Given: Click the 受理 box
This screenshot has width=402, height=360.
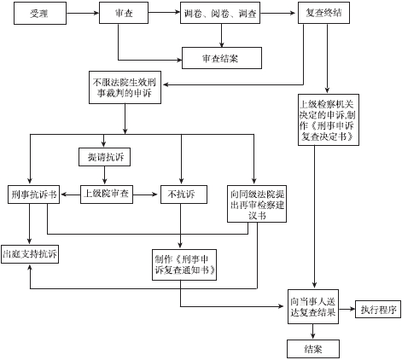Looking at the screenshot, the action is [40, 14].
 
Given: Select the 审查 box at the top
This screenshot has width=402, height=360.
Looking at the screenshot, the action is [124, 13].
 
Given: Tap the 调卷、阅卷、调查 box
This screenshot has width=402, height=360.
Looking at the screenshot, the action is [220, 13].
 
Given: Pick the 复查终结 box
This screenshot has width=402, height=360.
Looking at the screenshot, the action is [323, 13].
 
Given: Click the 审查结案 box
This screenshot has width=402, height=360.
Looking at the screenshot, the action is [222, 58].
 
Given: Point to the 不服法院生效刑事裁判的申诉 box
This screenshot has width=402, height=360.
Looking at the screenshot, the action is [125, 87].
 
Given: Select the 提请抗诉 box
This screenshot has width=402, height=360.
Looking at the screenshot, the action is [104, 157].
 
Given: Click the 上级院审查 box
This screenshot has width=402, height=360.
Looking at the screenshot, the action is [107, 195].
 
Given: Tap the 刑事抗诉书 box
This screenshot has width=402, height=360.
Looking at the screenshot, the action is [33, 195].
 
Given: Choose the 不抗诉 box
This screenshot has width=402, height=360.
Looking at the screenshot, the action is [184, 195].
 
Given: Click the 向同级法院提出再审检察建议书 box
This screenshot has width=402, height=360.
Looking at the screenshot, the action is [257, 204].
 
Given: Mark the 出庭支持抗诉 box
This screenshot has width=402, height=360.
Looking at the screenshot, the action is [30, 254].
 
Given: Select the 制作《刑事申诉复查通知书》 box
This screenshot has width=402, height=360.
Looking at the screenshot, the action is [184, 264].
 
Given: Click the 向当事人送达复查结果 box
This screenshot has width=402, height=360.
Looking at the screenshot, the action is [313, 306].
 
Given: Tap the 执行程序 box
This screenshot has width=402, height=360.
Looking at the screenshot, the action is [378, 309].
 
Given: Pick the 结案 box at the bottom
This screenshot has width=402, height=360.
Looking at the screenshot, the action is [313, 349].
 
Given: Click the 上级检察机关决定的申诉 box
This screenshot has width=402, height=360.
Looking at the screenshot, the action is [329, 120].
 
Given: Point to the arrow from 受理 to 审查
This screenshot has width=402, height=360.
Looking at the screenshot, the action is [83, 13].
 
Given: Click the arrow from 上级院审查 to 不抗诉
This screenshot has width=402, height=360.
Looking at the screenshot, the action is [145, 195].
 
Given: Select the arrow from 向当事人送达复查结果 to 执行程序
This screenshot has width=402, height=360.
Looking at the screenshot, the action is [347, 309].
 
